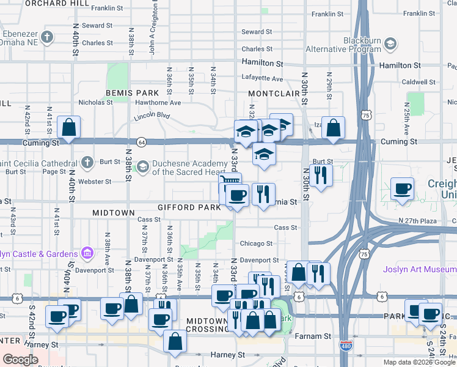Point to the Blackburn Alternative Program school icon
click(390, 44)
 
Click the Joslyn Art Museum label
click(420, 269)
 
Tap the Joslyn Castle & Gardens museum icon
click(87, 253)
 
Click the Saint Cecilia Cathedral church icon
click(87, 162)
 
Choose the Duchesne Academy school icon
click(142, 166)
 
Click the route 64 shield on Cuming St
click(141, 142)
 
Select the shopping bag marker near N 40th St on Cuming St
click(69, 128)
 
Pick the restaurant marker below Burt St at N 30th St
click(321, 176)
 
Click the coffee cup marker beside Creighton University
click(402, 189)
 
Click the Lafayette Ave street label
click(263, 78)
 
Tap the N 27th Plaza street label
click(419, 220)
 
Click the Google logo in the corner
click(20, 360)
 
